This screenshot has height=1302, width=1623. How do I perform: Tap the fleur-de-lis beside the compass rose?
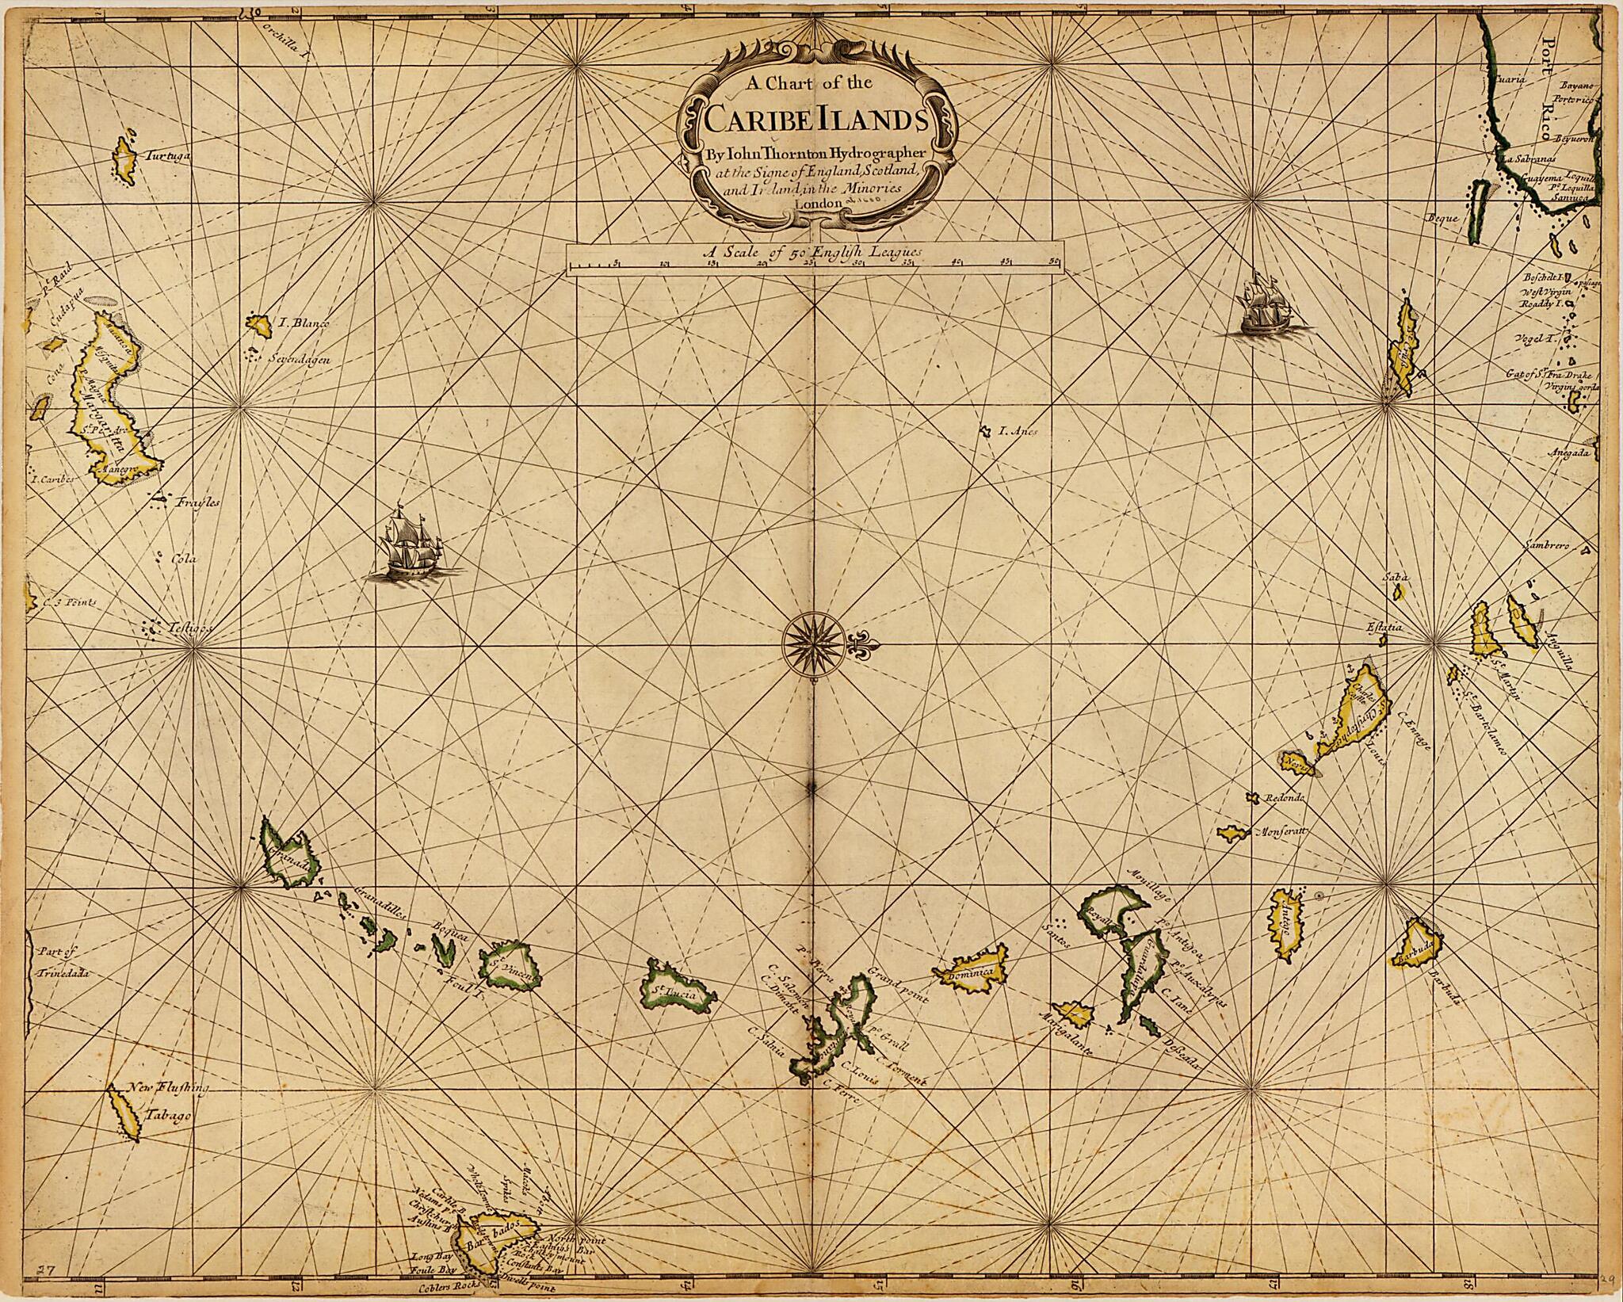point(860,647)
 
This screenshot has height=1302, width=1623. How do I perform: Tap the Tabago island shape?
point(124,1113)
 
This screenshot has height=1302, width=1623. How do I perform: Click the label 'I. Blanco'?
point(297,323)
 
